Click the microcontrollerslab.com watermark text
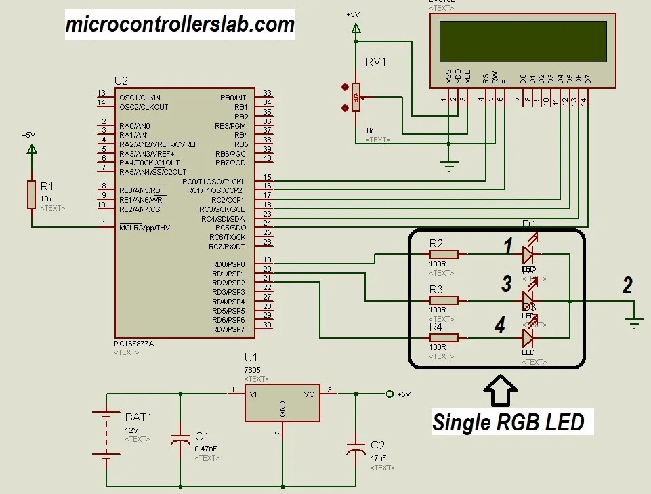coord(180,25)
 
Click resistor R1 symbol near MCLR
coord(30,194)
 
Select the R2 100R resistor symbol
coord(444,255)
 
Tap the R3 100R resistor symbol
coord(444,300)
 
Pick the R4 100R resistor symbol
coord(444,337)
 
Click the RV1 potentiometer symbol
coord(356,97)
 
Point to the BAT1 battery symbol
coord(106,436)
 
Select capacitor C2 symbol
coord(355,449)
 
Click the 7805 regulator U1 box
coord(282,403)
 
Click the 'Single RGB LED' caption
coord(508,422)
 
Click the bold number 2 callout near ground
coord(627,285)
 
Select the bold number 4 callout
coord(499,326)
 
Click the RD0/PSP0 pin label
coord(228,264)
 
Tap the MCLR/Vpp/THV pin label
coord(144,227)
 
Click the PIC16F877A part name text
coord(134,344)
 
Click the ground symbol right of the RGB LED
coord(634,323)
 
